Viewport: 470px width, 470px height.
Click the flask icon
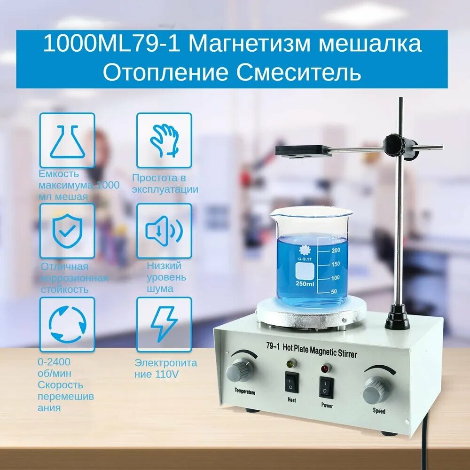pos(67,140)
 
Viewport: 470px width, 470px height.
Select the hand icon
pos(164,140)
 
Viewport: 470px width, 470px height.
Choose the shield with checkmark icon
pos(67,231)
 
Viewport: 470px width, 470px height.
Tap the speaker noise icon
pos(164,231)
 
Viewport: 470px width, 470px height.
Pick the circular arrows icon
pos(67,324)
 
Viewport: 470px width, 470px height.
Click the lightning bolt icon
pos(164,324)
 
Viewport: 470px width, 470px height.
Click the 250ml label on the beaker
pos(305,284)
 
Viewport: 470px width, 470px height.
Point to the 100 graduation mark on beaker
pos(334,278)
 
